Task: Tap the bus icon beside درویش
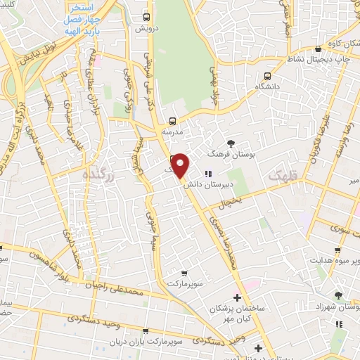pyautogui.click(x=146, y=17)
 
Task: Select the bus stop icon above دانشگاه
pyautogui.click(x=267, y=76)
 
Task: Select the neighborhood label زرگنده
pyautogui.click(x=97, y=173)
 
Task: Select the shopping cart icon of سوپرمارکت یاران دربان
pyautogui.click(x=146, y=330)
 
